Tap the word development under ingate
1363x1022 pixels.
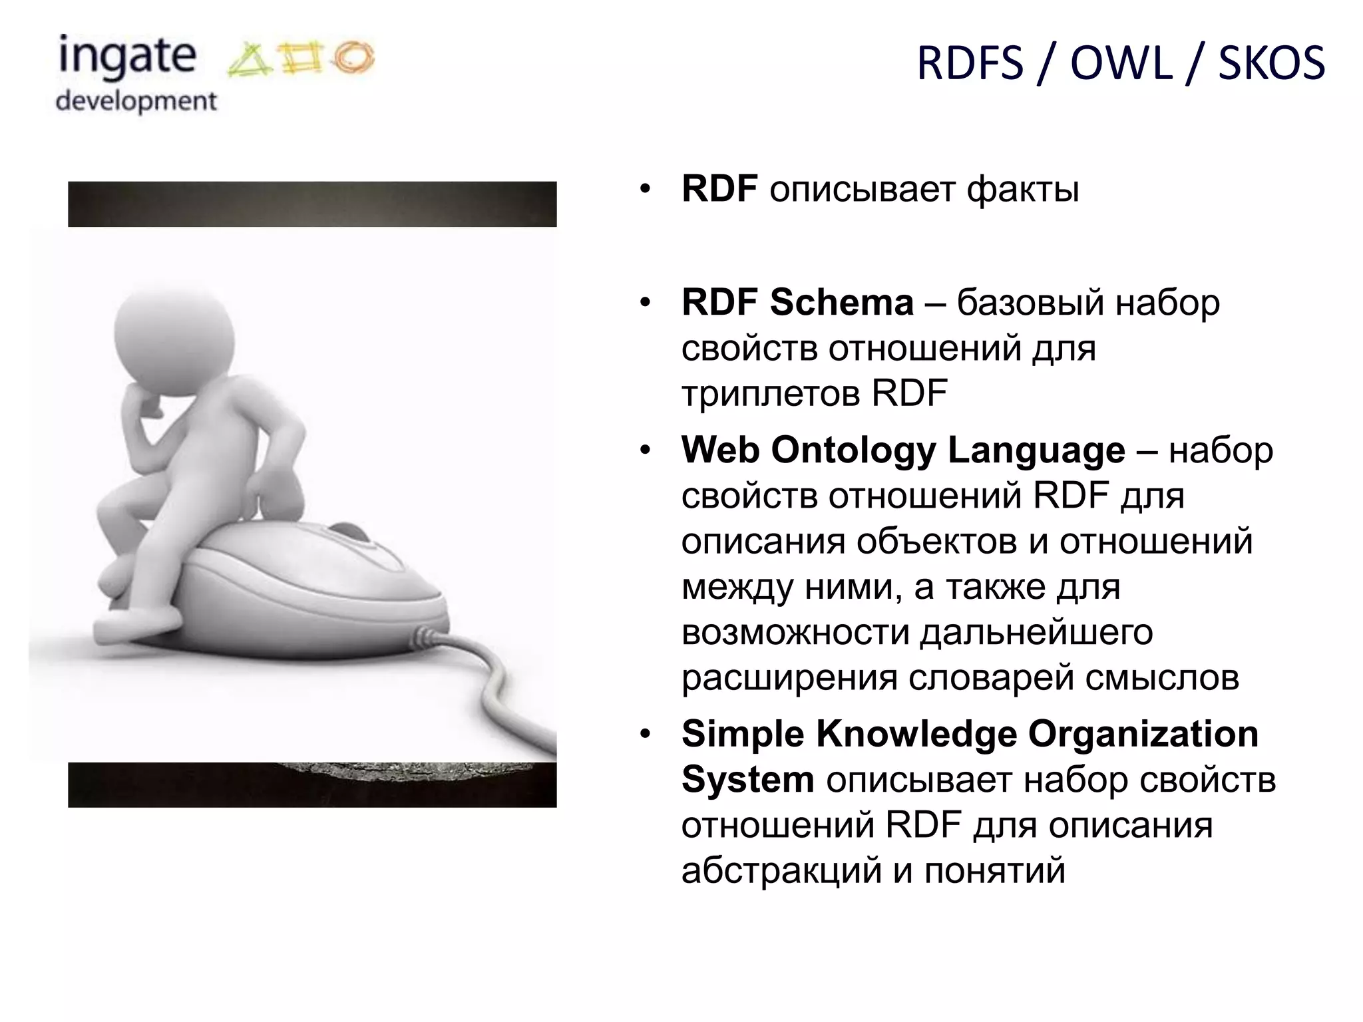click(136, 102)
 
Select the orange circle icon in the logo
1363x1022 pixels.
click(353, 57)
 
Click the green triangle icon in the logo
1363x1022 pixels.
click(249, 62)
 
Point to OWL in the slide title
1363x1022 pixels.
click(1121, 64)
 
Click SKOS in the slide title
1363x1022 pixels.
click(1271, 64)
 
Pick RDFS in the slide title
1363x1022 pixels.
click(970, 64)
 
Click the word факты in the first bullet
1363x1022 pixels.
click(1022, 190)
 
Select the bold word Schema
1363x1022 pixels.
click(841, 303)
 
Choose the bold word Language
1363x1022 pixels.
click(1036, 450)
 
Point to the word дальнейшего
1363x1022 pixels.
click(1036, 632)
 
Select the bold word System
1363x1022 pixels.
click(747, 780)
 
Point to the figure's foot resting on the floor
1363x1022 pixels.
click(136, 622)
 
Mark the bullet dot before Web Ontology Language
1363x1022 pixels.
click(644, 451)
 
